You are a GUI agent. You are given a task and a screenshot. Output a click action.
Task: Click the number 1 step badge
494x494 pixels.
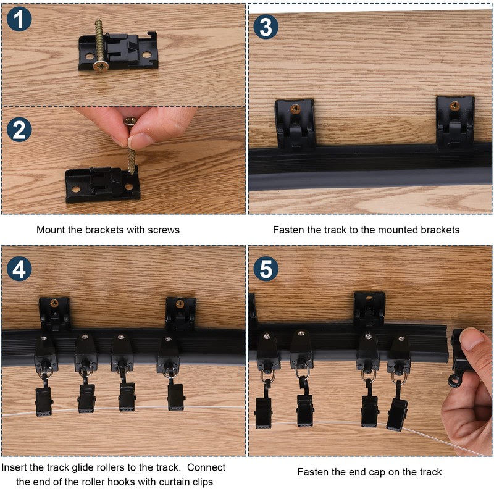tap(19, 19)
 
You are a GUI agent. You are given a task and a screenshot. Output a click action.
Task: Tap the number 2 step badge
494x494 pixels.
tap(19, 130)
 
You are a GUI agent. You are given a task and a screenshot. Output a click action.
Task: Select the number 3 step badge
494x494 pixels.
tap(266, 27)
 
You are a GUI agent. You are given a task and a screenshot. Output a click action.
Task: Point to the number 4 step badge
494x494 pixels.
tap(19, 269)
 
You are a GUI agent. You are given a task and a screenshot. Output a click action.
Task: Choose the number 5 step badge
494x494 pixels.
tap(266, 269)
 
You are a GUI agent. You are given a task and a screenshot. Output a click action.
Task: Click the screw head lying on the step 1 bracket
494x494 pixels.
tap(101, 66)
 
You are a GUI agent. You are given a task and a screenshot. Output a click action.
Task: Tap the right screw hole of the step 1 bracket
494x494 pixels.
tap(146, 55)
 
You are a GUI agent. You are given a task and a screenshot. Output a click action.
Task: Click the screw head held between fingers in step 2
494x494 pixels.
tap(130, 121)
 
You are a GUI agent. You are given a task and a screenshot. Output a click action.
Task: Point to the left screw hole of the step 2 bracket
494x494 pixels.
tap(76, 190)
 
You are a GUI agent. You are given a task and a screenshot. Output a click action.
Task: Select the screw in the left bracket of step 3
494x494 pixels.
tap(296, 109)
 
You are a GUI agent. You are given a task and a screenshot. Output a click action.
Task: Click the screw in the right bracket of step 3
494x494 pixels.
tap(454, 106)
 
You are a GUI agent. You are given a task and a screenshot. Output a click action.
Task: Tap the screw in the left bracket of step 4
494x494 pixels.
tap(54, 303)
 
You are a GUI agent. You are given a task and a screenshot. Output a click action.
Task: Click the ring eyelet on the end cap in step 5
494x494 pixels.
tap(454, 381)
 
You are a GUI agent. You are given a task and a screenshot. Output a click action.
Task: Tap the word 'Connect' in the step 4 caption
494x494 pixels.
tap(206, 467)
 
